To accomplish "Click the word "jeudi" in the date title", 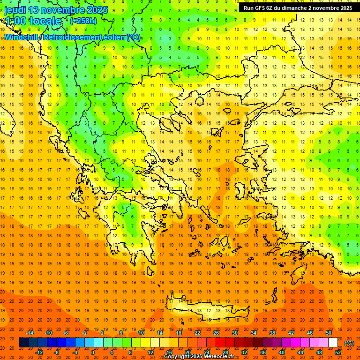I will [15, 10].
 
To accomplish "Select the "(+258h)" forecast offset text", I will [83, 21].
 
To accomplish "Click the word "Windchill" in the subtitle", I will [22, 37].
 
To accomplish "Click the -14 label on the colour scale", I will [30, 333].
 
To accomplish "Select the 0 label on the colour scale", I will [92, 352].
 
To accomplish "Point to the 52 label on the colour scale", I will [338, 352].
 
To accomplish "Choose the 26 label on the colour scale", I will [216, 333].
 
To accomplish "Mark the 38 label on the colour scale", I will [272, 333].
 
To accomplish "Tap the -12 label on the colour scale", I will [39, 352].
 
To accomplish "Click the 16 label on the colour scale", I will [169, 352].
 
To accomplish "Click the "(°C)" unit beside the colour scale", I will [350, 343].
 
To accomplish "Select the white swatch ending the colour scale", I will [333, 343].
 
